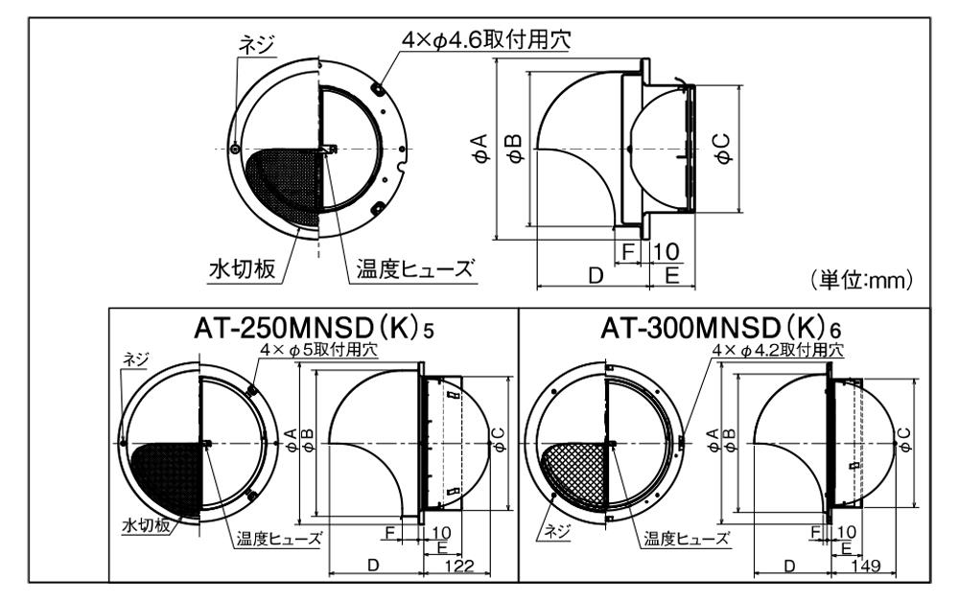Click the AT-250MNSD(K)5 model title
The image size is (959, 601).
(314, 330)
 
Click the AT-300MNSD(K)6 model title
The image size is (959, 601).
(721, 329)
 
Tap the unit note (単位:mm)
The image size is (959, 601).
(862, 280)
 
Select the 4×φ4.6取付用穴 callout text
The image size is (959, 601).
(487, 39)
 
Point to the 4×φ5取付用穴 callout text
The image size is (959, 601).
(318, 350)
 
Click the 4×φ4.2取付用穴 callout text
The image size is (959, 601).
(779, 350)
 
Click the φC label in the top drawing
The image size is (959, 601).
(723, 149)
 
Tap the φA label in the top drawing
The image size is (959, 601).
(480, 148)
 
